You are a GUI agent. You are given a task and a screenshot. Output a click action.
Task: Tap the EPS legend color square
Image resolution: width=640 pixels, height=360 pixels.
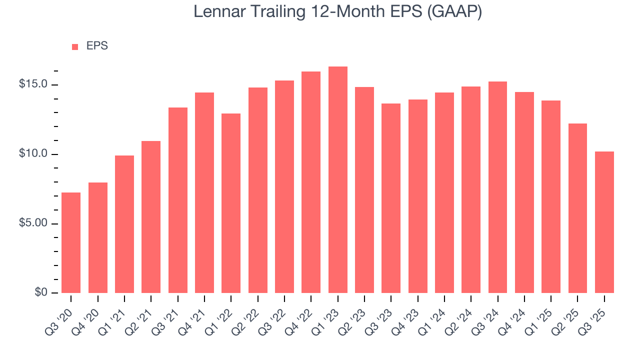point(75,46)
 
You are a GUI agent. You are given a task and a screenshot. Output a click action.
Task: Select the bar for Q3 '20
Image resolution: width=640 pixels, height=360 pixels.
point(71,242)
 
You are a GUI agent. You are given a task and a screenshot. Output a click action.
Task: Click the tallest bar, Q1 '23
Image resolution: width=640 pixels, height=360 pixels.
point(337,180)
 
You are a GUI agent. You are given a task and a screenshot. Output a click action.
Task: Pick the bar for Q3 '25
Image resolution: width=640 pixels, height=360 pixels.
point(604,222)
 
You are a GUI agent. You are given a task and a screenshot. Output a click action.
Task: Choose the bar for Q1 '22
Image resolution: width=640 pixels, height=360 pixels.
point(231,203)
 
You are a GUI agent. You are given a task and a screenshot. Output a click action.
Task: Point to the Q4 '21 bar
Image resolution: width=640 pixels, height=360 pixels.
point(204,192)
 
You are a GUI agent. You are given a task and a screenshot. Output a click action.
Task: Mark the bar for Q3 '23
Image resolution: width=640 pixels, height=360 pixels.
point(391,198)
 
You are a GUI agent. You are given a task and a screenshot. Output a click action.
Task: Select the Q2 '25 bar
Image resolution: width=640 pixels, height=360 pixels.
point(577,208)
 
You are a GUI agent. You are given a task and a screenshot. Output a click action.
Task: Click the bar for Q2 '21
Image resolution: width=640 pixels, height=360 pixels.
point(151,217)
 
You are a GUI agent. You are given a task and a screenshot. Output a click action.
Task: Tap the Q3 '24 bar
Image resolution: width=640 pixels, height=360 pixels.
point(497,187)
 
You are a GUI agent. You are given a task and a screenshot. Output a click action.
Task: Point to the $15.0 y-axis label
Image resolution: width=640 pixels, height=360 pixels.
point(33,84)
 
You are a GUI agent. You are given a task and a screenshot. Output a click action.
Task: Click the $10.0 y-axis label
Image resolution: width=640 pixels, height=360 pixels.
point(33,154)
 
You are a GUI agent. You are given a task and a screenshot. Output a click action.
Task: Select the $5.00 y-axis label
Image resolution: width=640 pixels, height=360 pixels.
point(33,223)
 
